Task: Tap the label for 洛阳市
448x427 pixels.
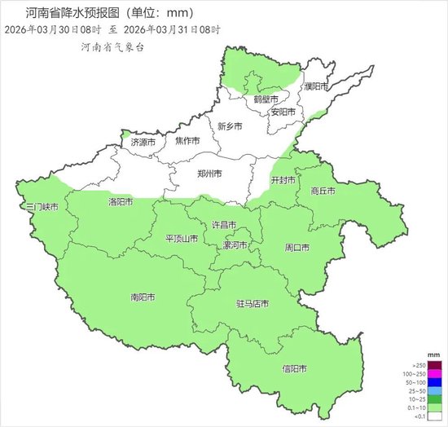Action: point(121,200)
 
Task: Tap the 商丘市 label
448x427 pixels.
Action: point(323,191)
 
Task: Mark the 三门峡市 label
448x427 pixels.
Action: point(42,208)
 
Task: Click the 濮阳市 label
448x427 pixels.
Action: point(315,86)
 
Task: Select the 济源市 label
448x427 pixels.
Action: point(143,143)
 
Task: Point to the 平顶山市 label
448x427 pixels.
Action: point(182,239)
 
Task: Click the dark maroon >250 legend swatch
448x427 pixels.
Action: point(415,365)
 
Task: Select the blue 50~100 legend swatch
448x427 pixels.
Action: point(415,382)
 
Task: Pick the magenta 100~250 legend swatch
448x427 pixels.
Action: point(415,374)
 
